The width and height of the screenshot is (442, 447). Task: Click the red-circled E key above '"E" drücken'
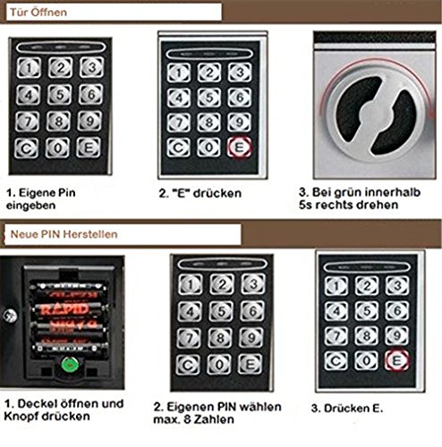click(239, 148)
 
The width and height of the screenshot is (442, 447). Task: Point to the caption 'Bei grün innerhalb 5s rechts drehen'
click(368, 198)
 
